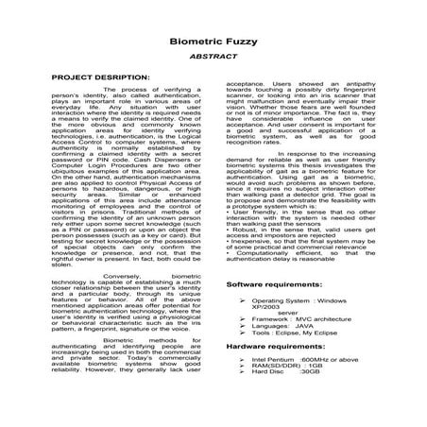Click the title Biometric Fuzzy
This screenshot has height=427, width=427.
pos(213,43)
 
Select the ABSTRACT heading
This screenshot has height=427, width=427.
pos(213,58)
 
